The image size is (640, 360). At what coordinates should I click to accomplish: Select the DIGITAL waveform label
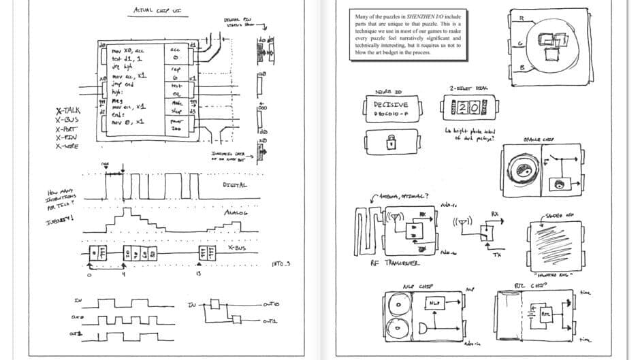click(235, 184)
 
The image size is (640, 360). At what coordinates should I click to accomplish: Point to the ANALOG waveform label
click(236, 213)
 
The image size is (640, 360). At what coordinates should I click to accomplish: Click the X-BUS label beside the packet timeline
click(237, 248)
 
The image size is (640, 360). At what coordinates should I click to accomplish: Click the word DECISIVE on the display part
click(391, 105)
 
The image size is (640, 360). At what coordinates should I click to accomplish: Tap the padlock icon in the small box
click(391, 143)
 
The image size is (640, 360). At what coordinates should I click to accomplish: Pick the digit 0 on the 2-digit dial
click(475, 108)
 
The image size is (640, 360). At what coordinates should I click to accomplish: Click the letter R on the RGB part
click(521, 18)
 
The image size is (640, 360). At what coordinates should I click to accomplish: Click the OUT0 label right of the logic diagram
click(272, 304)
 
